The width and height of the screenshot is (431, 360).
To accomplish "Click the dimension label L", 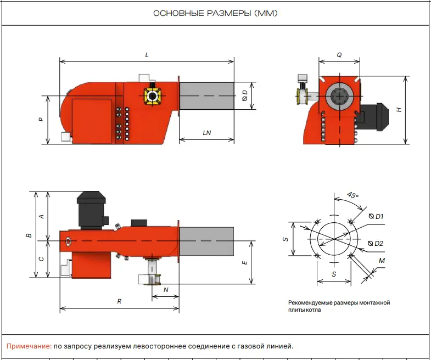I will coord(147,55).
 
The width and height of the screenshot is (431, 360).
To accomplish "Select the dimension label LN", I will coord(207,132).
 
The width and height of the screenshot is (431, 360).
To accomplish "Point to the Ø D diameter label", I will coord(245,97).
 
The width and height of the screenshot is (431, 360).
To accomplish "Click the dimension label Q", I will coord(339,55).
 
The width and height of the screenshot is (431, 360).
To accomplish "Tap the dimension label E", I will coord(245,262).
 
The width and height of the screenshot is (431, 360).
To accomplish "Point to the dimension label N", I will coord(166,289).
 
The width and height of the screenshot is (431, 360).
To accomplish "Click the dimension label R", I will coord(119,301).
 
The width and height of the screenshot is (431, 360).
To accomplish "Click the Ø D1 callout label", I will coord(376,216).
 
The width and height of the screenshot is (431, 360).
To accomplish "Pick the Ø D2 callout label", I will coord(376,243).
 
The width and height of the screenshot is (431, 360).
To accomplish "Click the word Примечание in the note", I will coord(29,346).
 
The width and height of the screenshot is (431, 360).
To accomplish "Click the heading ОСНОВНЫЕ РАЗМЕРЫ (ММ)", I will coord(215,13).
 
